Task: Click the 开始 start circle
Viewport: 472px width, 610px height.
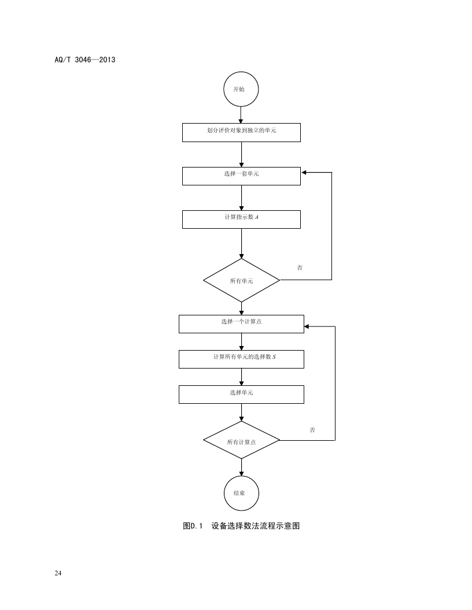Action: tap(241, 90)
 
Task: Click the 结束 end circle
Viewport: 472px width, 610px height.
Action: tap(241, 493)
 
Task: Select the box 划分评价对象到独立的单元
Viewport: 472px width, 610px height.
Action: tap(241, 132)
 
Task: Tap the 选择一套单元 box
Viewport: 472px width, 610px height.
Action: tap(241, 176)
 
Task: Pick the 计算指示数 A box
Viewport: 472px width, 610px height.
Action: tap(241, 219)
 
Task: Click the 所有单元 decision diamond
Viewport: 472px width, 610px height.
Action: tap(241, 280)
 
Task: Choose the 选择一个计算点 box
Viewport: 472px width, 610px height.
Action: tap(241, 323)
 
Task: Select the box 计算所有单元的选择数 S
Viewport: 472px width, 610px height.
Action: tap(241, 359)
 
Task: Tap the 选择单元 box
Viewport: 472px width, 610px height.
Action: tap(241, 394)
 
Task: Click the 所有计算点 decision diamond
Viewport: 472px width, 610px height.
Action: tap(241, 441)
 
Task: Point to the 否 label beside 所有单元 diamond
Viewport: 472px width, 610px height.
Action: tap(300, 268)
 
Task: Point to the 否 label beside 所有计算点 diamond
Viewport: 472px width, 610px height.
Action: tap(312, 430)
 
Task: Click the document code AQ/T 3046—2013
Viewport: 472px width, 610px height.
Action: tap(81, 59)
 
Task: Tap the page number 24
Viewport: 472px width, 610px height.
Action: tap(58, 573)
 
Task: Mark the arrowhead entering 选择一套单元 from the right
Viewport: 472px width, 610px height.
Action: tap(304, 172)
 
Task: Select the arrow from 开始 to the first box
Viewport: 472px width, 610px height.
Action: tap(241, 115)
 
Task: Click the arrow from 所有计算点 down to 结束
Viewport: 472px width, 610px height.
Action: tap(241, 467)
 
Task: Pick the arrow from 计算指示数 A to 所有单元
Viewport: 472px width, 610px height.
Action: tap(241, 243)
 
